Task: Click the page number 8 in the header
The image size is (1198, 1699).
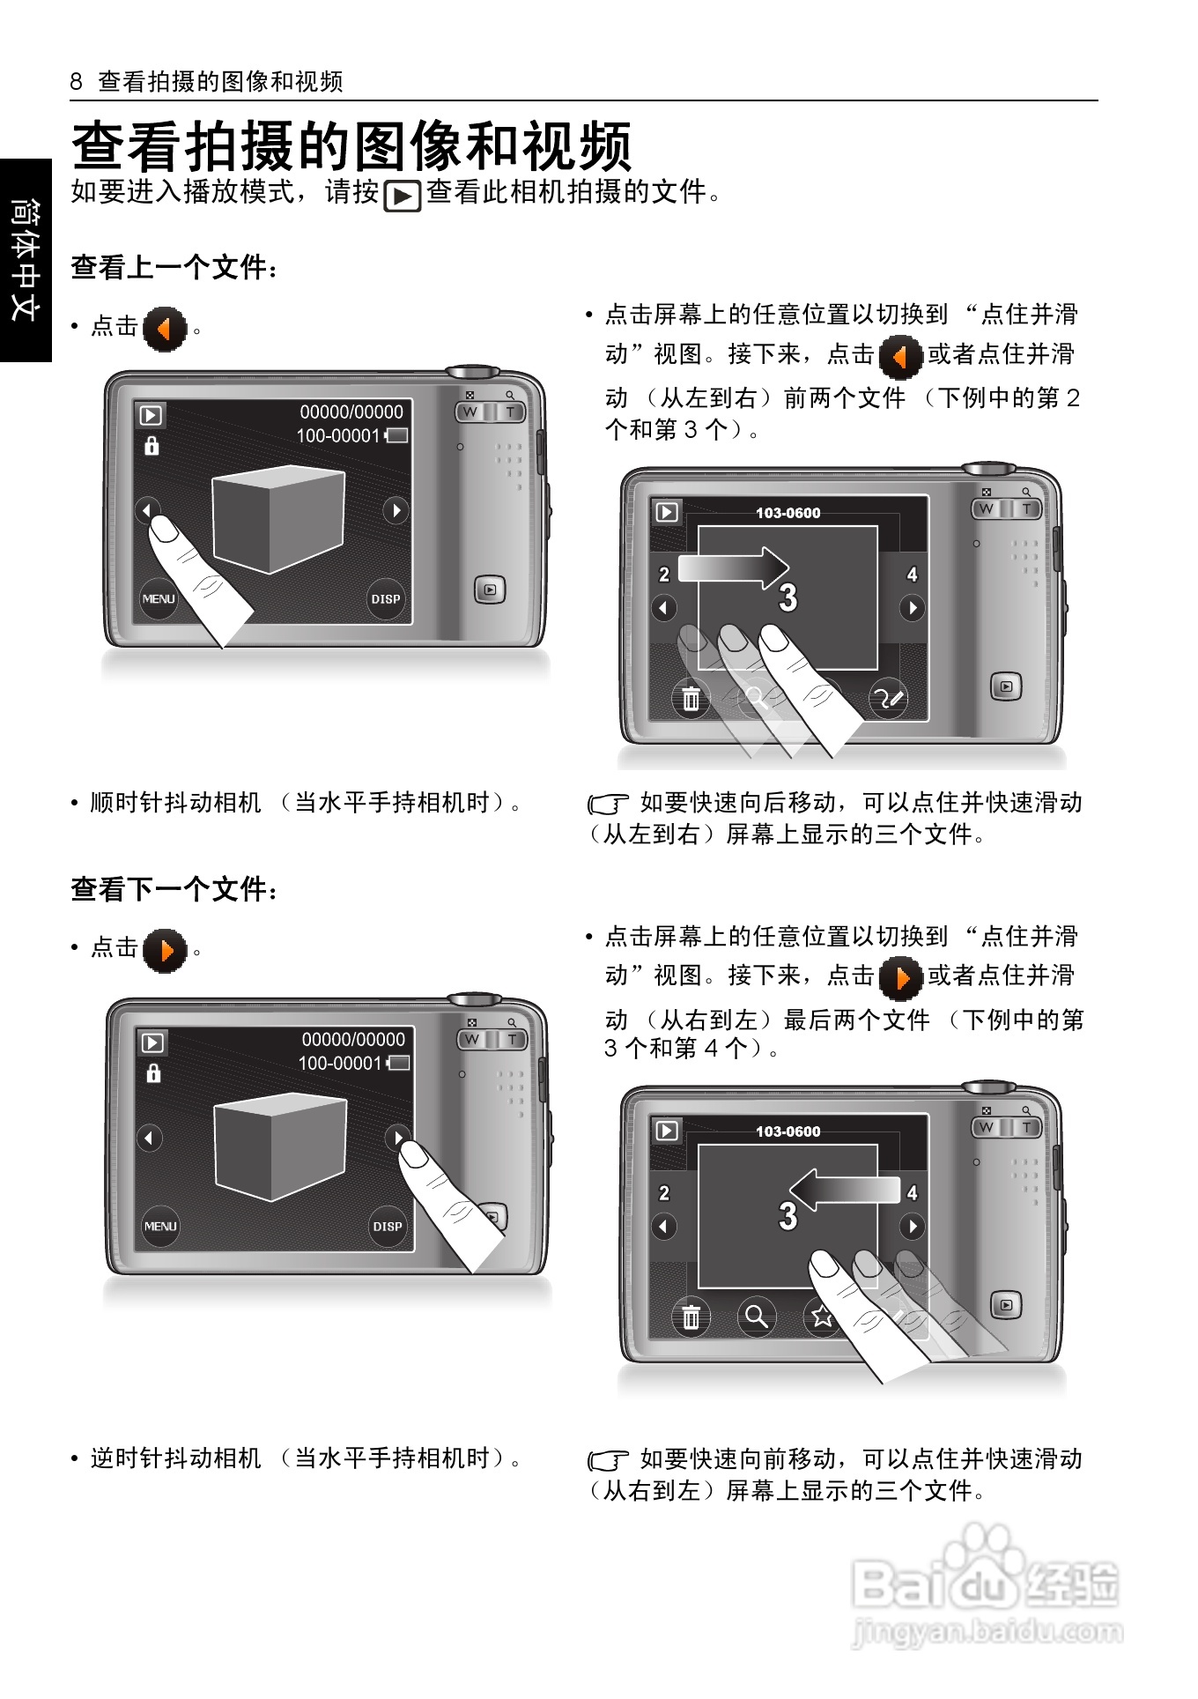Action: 76,82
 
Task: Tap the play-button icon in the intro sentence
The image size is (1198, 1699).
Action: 403,196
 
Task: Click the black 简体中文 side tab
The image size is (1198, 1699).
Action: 26,260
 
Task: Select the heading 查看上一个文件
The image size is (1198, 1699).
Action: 174,267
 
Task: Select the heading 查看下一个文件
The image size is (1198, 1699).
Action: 174,889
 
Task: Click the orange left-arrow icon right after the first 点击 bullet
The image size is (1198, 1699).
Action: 165,330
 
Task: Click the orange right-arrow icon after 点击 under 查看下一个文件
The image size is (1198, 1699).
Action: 165,951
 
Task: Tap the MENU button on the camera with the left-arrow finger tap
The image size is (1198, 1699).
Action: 159,599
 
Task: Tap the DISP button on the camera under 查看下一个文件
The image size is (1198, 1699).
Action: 388,1226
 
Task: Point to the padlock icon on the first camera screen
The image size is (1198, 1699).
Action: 152,446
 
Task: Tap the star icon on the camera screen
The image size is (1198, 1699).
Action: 822,1317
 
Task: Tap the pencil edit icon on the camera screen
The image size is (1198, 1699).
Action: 888,699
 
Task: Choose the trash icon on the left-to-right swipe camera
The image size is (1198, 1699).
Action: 691,699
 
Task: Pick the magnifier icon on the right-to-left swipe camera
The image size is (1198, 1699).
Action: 756,1317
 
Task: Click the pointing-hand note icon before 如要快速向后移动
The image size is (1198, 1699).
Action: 608,804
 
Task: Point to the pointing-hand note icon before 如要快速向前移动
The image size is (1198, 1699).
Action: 608,1460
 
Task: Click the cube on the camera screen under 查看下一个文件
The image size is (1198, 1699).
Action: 280,1146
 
